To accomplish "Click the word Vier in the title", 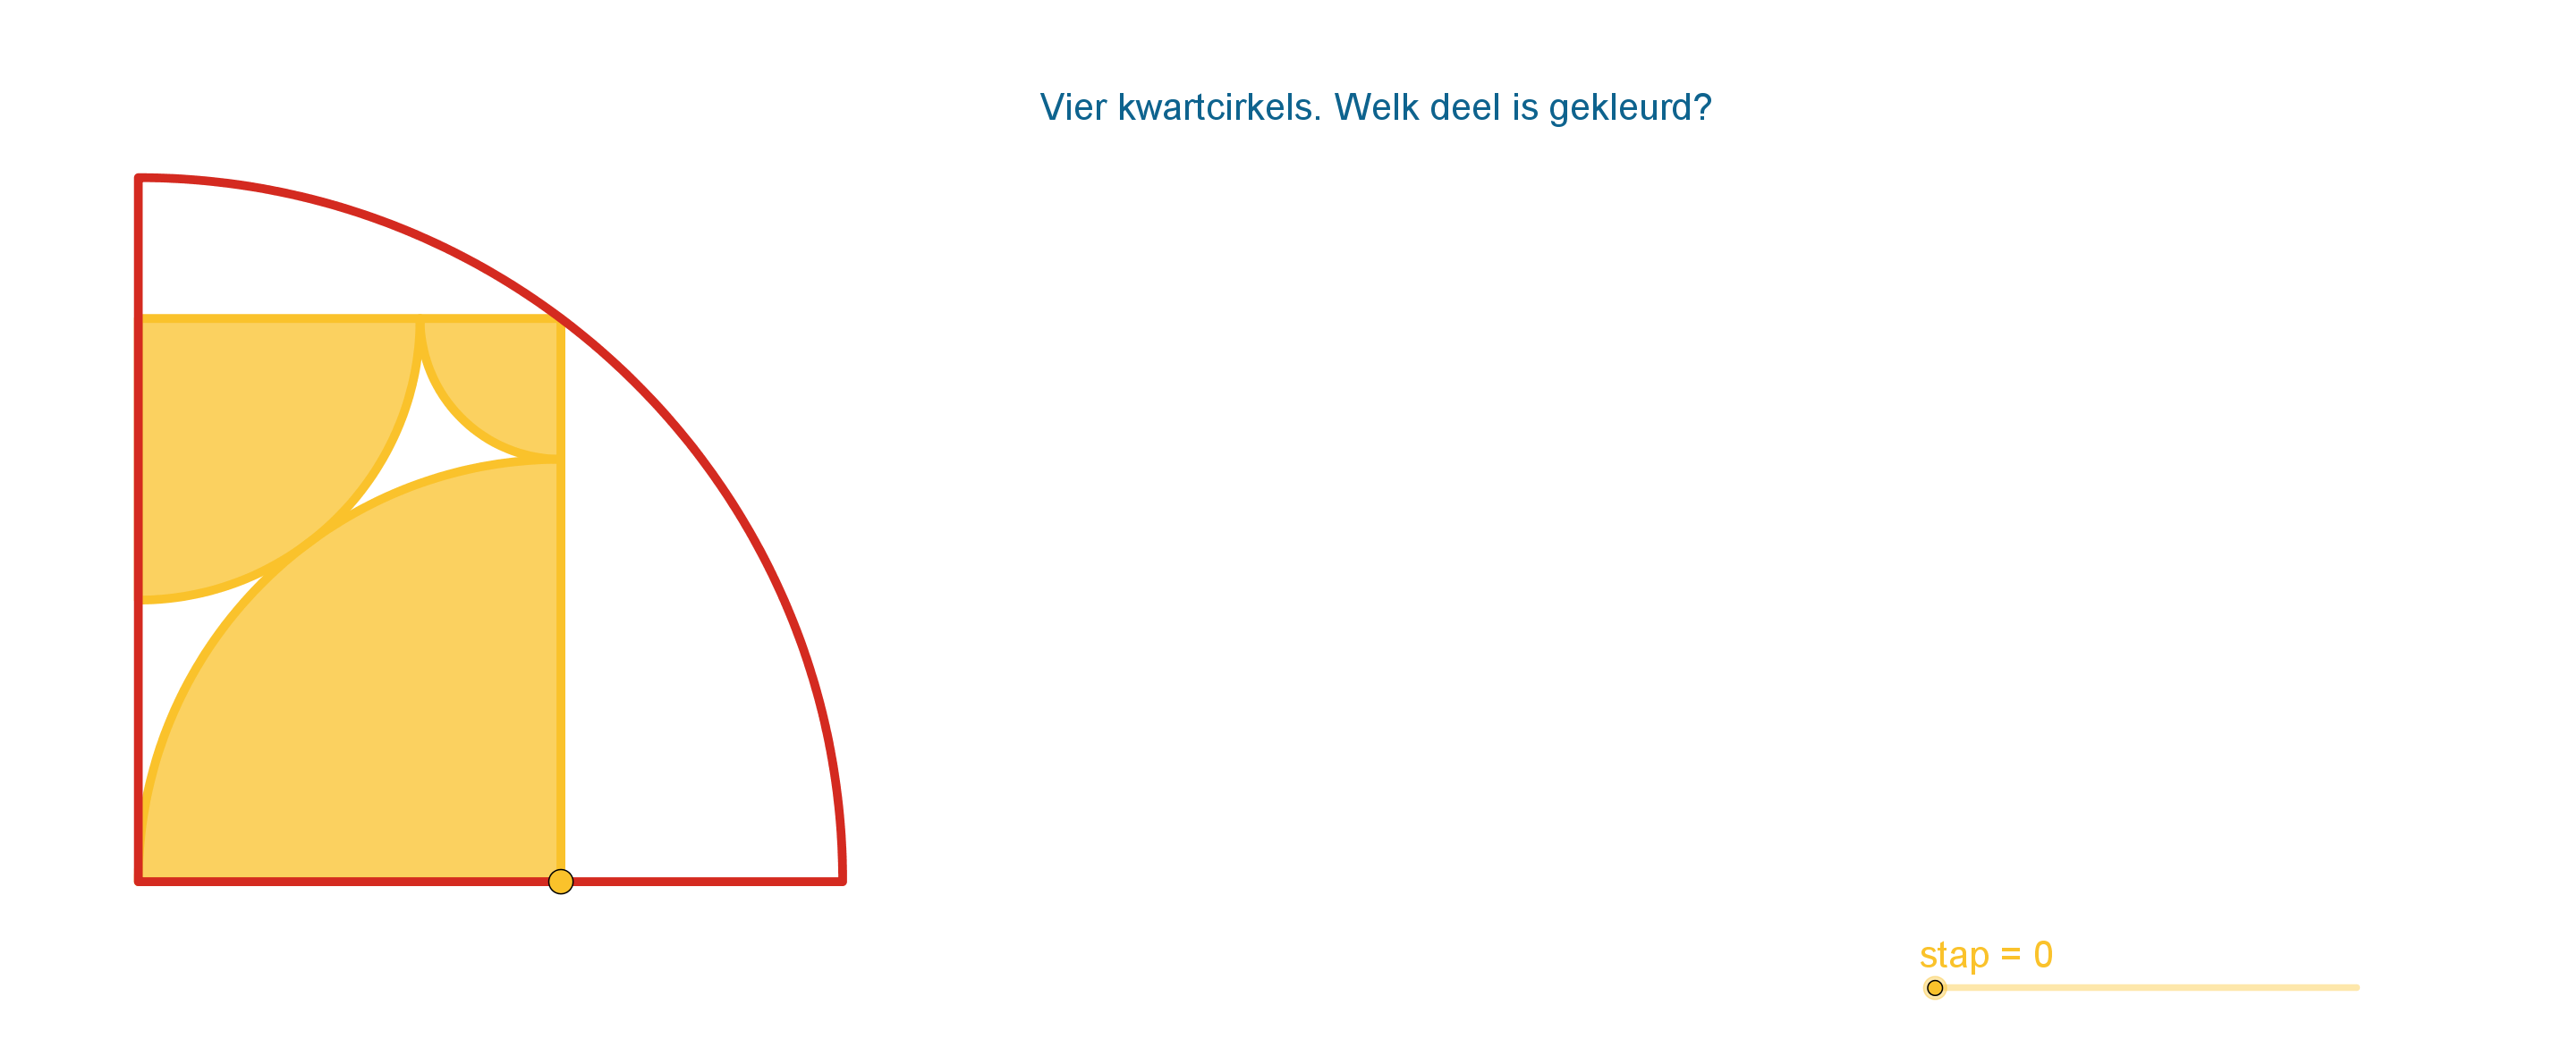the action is (1073, 107).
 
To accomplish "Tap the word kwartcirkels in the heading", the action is (1219, 107).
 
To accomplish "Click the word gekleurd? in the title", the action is (1631, 108).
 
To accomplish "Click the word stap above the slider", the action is (1955, 956).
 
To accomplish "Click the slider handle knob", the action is (1935, 987).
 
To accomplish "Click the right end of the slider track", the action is (2358, 987).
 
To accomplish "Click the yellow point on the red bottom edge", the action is (561, 882).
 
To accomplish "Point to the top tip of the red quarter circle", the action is (139, 178).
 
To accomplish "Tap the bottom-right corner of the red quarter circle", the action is (842, 881).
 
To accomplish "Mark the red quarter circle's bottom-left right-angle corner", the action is (139, 881).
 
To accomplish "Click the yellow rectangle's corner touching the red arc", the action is (560, 319).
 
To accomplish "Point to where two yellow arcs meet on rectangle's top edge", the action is (420, 319).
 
